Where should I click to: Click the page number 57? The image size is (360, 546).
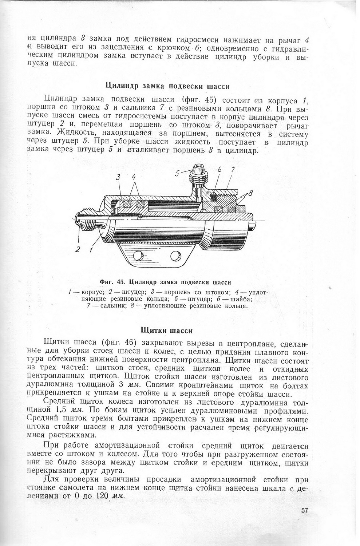pyautogui.click(x=305, y=510)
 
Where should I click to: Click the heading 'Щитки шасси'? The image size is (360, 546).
pyautogui.click(x=166, y=330)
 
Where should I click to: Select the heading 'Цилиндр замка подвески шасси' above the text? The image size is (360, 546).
pyautogui.click(x=167, y=86)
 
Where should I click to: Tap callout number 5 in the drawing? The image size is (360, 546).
pyautogui.click(x=177, y=174)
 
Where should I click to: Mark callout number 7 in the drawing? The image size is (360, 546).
pyautogui.click(x=232, y=170)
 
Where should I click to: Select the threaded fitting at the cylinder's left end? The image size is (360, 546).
pyautogui.click(x=87, y=219)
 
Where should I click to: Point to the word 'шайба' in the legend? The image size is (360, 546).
pyautogui.click(x=242, y=299)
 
